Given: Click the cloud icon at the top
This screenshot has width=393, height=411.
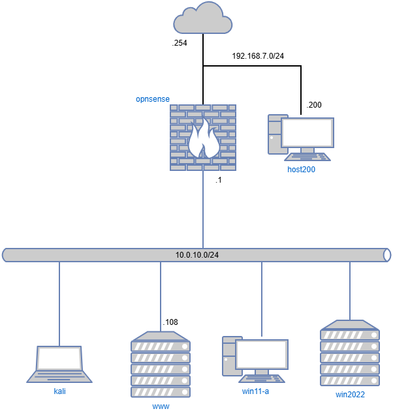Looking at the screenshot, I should pyautogui.click(x=202, y=19).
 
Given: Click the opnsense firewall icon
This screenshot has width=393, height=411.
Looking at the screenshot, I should pyautogui.click(x=203, y=138).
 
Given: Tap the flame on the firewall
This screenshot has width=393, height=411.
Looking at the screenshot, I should pyautogui.click(x=203, y=140).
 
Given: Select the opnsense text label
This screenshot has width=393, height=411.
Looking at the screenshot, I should pyautogui.click(x=153, y=99).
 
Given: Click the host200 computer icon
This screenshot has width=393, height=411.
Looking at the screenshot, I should pyautogui.click(x=300, y=137).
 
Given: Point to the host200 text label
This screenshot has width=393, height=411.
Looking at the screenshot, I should pyautogui.click(x=301, y=170).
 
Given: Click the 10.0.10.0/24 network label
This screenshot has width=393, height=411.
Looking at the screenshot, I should pyautogui.click(x=196, y=254).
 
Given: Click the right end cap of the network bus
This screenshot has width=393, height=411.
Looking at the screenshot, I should pyautogui.click(x=387, y=254).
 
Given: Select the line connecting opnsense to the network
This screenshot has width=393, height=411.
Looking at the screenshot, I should pyautogui.click(x=203, y=209).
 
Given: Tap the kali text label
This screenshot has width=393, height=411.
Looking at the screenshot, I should pyautogui.click(x=60, y=391).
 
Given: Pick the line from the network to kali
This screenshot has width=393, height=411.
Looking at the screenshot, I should pyautogui.click(x=59, y=303).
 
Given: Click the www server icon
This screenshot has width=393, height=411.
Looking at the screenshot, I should pyautogui.click(x=161, y=365).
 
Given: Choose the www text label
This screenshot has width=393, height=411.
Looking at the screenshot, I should pyautogui.click(x=161, y=406).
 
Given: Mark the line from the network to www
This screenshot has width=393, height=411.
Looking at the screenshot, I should pyautogui.click(x=161, y=297).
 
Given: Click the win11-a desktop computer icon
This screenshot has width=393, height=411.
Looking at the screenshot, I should pyautogui.click(x=255, y=359).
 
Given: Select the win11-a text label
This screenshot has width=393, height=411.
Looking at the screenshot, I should pyautogui.click(x=255, y=391).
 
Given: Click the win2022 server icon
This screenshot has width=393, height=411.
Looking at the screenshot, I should pyautogui.click(x=350, y=353).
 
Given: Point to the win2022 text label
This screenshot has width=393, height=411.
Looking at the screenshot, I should pyautogui.click(x=350, y=395).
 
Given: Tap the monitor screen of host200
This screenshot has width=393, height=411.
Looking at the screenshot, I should pyautogui.click(x=307, y=132).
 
